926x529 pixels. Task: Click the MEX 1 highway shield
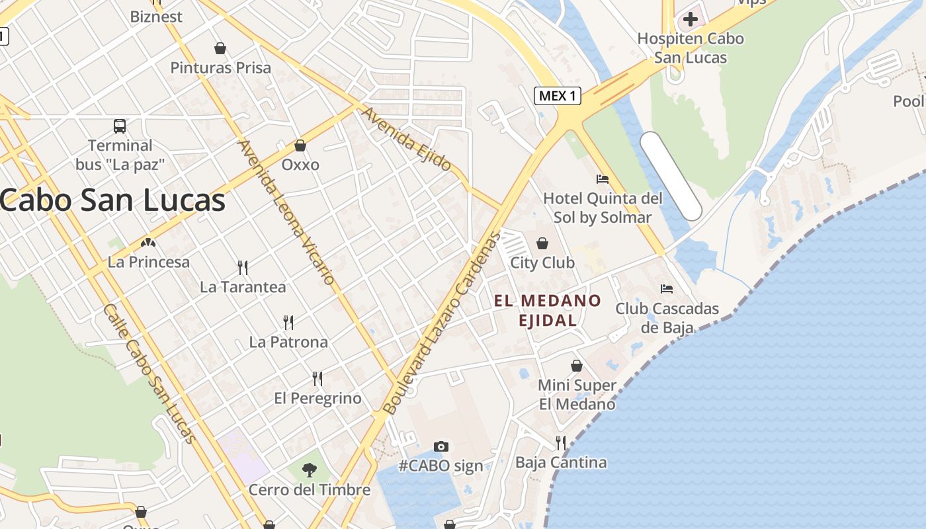(557, 96)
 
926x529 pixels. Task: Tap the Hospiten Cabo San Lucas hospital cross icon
(690, 19)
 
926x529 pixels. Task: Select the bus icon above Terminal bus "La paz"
(120, 126)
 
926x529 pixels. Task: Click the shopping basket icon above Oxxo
(300, 145)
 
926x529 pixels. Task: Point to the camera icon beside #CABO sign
(441, 446)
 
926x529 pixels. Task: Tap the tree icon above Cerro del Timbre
(309, 470)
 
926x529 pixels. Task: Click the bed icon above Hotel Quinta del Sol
(602, 179)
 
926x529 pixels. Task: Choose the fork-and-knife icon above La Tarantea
(243, 267)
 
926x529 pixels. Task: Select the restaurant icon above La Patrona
(288, 322)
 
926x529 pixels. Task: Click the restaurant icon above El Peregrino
(317, 378)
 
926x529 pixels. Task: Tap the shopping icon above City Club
(542, 243)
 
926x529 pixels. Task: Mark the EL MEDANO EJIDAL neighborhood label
(548, 310)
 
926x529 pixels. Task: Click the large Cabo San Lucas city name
(112, 200)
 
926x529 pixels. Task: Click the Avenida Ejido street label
(406, 138)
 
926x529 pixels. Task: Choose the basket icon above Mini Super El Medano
(577, 366)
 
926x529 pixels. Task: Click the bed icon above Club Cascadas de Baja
(667, 288)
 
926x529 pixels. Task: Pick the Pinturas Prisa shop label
(221, 67)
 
